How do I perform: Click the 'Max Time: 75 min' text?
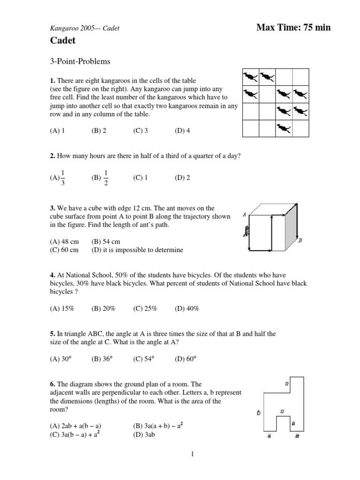click(x=293, y=28)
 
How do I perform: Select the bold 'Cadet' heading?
click(x=63, y=41)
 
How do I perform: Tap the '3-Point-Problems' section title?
click(x=80, y=61)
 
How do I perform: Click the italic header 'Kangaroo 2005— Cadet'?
click(x=84, y=28)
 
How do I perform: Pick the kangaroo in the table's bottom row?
click(x=284, y=127)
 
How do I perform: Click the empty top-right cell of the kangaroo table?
click(x=300, y=77)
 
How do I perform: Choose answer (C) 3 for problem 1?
click(x=140, y=131)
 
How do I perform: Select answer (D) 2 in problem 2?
click(x=182, y=178)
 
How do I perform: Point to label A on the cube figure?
click(x=245, y=215)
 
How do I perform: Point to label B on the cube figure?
click(x=300, y=240)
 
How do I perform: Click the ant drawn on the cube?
click(x=246, y=231)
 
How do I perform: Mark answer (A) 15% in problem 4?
click(x=62, y=308)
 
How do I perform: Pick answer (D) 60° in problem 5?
click(x=186, y=359)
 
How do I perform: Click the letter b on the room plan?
click(x=258, y=413)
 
